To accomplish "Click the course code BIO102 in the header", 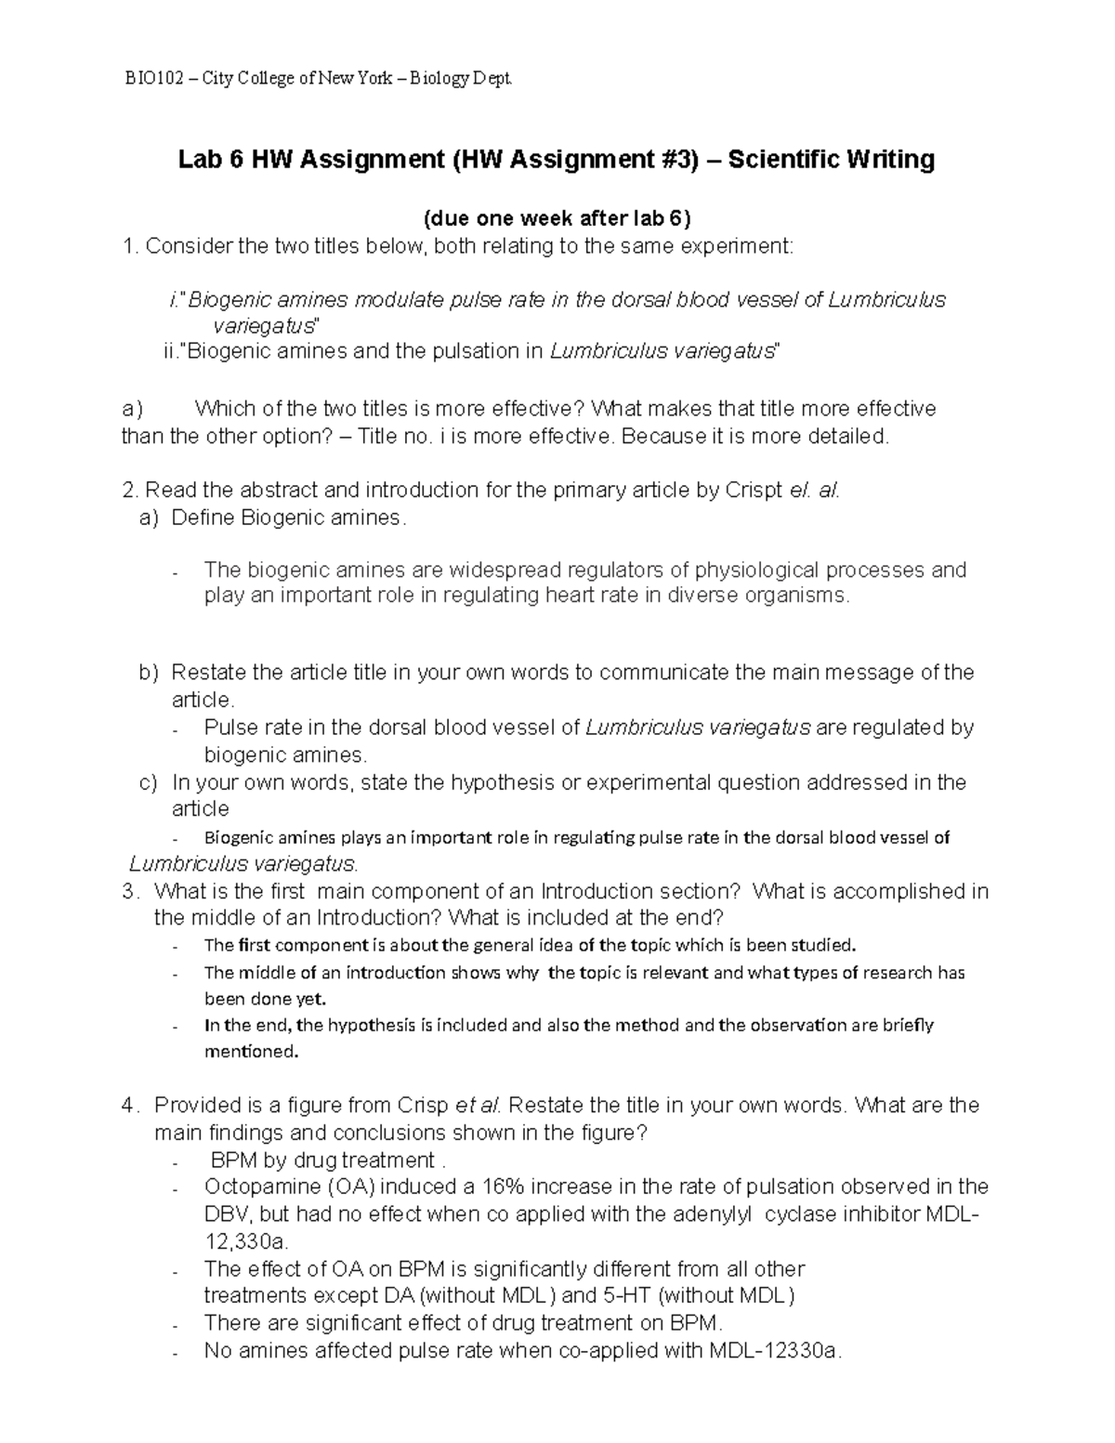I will pos(151,80).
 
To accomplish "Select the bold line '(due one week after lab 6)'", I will pos(557,219).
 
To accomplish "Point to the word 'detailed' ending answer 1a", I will pos(846,436).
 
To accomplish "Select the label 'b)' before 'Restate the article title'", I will pos(149,672).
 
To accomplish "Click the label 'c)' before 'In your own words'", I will pos(149,782).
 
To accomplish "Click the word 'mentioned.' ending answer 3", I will pos(251,1053).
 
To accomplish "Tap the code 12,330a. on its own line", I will pos(246,1241).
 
